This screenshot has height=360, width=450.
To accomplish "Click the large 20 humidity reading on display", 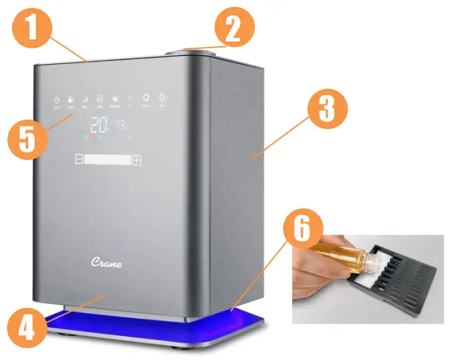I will pos(100,125).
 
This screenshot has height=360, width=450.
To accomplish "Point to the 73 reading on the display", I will pos(122,125).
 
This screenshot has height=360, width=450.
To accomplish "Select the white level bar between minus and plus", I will pos(108,160).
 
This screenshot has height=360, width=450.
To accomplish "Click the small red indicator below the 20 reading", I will pos(94,137).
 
